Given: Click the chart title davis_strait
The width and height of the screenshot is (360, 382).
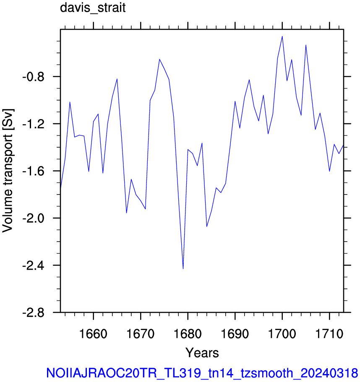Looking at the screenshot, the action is (x=93, y=8).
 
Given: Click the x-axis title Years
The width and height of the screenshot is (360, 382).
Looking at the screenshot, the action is (x=202, y=353).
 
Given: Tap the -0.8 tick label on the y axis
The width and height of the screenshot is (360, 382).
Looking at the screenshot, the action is (x=34, y=77).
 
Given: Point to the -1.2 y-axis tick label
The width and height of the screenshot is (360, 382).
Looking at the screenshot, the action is (x=34, y=124).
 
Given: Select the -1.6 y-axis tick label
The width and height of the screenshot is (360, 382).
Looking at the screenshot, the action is (x=34, y=171).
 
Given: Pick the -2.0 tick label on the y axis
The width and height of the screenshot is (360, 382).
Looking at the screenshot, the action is (x=34, y=218).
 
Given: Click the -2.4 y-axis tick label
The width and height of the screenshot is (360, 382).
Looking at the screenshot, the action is (x=34, y=265).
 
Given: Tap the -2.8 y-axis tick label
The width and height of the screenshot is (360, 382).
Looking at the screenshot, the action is (x=34, y=312).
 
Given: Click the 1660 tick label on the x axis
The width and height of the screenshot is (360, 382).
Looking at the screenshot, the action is (x=93, y=334).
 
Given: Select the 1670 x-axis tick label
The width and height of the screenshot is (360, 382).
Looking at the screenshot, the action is (x=141, y=334).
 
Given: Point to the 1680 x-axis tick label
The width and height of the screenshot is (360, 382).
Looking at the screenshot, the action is (x=188, y=334).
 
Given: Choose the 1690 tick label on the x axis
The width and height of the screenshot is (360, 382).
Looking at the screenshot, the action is (x=235, y=334).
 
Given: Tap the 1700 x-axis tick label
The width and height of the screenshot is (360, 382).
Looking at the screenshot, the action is (x=282, y=334).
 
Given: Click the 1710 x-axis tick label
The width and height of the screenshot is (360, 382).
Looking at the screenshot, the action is (x=329, y=334).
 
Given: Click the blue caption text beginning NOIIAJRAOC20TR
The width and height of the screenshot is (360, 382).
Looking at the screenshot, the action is (x=202, y=373).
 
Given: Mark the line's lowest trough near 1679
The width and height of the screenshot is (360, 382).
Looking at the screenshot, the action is (x=183, y=269).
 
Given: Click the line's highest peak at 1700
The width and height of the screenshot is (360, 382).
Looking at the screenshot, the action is (x=282, y=36).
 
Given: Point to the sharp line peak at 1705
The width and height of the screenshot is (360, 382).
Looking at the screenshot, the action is (x=305, y=45).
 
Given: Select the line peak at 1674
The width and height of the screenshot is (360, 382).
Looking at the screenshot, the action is (x=159, y=59).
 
